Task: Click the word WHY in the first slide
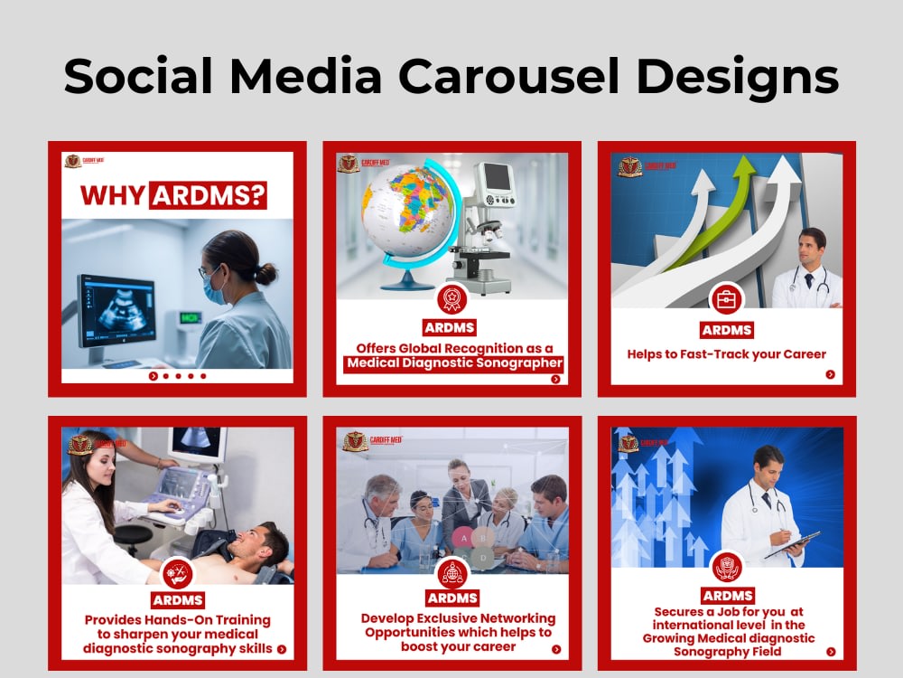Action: tap(113, 196)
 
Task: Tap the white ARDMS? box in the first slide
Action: tap(209, 196)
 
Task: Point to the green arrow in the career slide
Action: tap(713, 217)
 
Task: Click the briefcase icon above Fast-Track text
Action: tap(725, 297)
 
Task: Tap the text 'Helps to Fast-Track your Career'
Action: tap(726, 354)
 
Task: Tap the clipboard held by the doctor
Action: tap(792, 545)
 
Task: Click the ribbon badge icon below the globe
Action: tap(451, 298)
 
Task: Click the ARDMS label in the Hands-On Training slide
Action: tap(177, 600)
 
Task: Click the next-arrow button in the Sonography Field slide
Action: tap(830, 651)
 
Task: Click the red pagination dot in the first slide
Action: tap(153, 376)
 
